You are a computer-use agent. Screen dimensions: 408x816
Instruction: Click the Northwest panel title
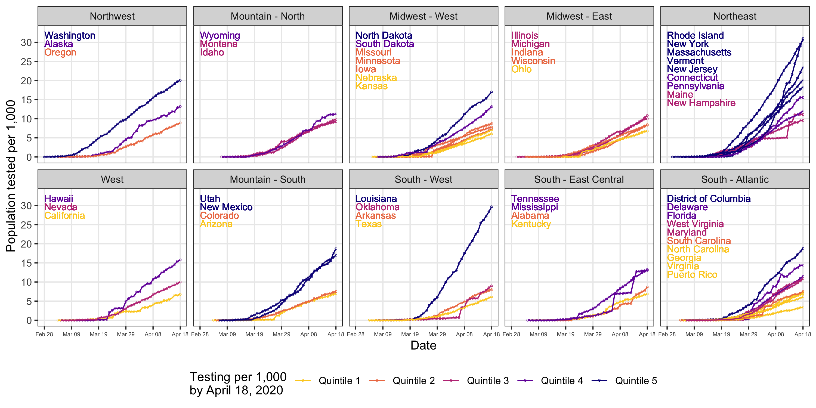click(112, 16)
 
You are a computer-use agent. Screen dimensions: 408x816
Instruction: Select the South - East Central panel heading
click(579, 179)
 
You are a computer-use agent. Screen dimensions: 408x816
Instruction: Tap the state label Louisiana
click(376, 199)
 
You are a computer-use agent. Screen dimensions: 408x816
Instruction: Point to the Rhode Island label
click(695, 35)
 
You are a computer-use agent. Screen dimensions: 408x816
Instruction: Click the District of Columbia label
click(708, 199)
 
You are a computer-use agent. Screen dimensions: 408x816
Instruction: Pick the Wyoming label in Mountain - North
click(220, 35)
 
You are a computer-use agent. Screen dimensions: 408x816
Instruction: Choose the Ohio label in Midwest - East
click(521, 69)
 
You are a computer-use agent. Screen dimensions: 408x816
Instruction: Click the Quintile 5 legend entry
click(636, 381)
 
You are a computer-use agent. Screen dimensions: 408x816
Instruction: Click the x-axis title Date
click(423, 345)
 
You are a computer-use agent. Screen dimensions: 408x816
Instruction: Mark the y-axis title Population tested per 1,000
click(11, 176)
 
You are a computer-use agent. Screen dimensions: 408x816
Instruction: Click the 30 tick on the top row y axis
click(27, 42)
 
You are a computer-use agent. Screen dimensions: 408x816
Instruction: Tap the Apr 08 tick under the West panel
click(153, 334)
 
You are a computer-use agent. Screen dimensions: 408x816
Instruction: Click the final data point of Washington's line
click(180, 81)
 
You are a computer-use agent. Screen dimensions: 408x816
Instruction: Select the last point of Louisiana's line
click(491, 207)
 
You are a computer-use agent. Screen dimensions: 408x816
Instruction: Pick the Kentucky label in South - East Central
click(531, 224)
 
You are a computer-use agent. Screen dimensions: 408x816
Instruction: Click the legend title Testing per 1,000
click(238, 377)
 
